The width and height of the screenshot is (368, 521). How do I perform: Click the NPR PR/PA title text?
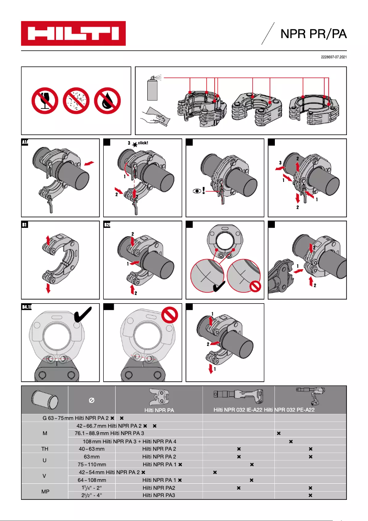[x=313, y=34]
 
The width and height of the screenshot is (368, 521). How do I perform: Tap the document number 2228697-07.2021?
[x=333, y=57]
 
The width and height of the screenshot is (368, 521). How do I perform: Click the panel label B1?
[x=25, y=225]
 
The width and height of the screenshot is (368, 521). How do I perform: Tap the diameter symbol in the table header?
[x=91, y=401]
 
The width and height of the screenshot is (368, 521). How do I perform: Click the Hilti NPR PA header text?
[x=159, y=409]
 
